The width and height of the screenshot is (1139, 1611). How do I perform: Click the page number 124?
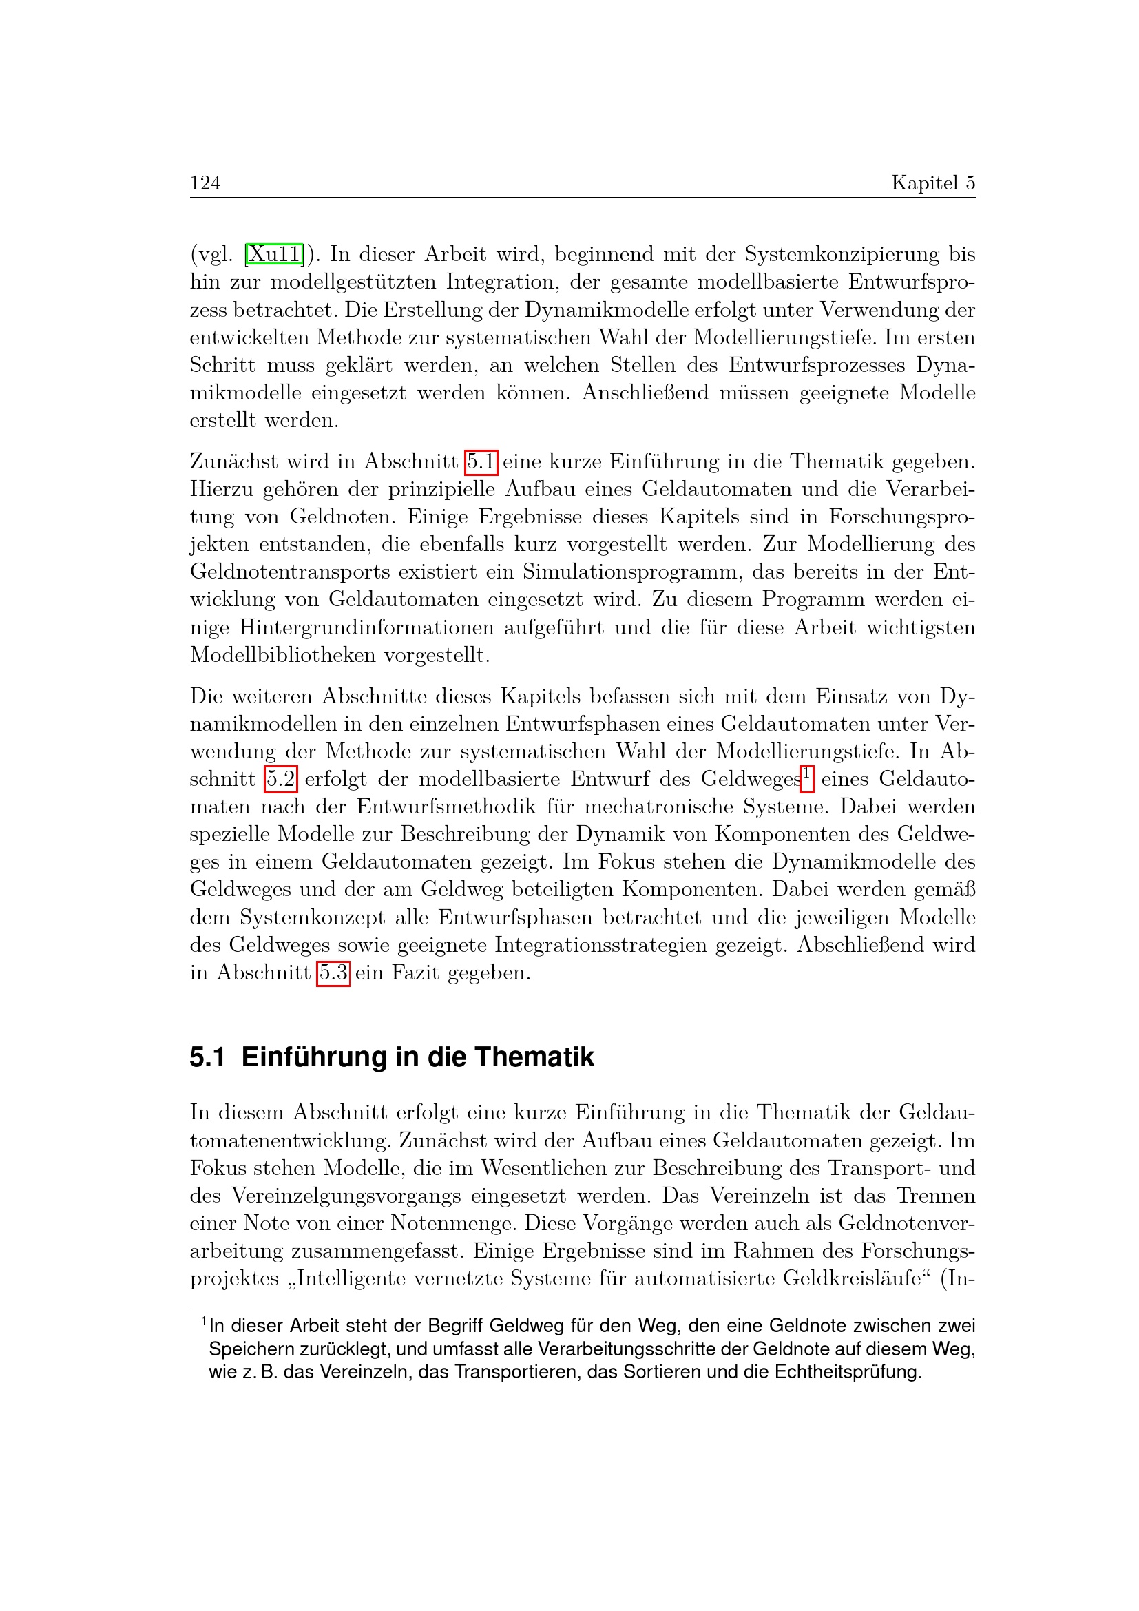click(x=205, y=183)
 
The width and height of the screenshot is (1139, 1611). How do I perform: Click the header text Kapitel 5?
click(x=933, y=183)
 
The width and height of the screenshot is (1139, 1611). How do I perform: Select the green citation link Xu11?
click(x=275, y=254)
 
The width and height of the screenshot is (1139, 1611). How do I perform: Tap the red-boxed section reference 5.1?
click(x=481, y=461)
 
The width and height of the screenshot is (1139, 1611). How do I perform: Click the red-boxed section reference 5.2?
click(x=281, y=779)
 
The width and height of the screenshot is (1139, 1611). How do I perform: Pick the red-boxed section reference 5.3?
click(x=333, y=973)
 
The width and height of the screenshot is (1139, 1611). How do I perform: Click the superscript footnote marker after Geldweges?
click(x=807, y=775)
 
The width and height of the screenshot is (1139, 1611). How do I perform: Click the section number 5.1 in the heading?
click(x=207, y=1057)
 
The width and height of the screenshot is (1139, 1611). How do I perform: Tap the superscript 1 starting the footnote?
click(x=204, y=1322)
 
